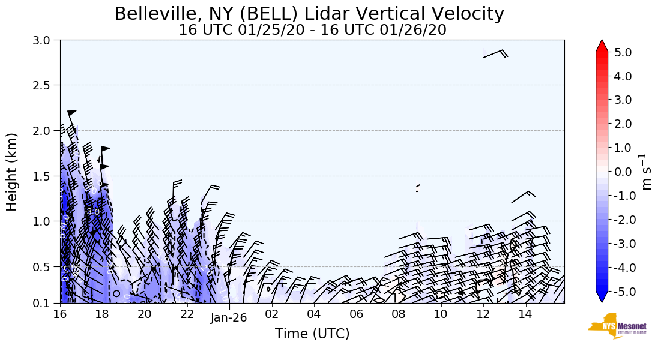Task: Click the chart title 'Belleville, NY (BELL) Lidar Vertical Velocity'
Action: click(309, 14)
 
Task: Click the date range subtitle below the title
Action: click(312, 30)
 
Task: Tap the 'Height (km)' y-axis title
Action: click(12, 172)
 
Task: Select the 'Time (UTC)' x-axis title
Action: click(312, 334)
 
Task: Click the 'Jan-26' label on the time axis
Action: click(229, 319)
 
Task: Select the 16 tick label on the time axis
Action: click(59, 314)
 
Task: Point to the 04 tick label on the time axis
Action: click(314, 314)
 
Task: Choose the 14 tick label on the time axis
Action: click(525, 314)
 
